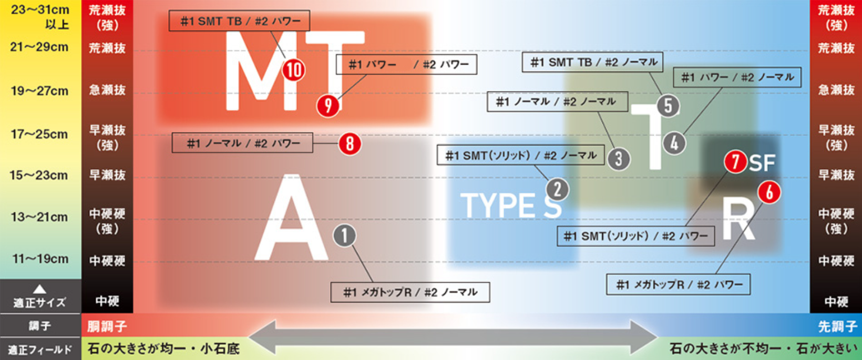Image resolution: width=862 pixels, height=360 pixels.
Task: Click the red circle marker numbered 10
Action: [x=294, y=69]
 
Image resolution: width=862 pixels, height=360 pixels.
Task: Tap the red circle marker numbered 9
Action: [x=328, y=106]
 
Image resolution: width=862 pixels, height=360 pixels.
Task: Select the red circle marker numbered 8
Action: [x=350, y=143]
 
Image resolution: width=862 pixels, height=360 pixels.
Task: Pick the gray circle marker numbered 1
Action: [x=345, y=235]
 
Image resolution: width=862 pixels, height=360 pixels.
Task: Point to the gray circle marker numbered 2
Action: [x=558, y=189]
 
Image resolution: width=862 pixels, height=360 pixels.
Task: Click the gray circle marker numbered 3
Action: [x=619, y=158]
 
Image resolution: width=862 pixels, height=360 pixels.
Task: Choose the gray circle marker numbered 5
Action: [x=668, y=106]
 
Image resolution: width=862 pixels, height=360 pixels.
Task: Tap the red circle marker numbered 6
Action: [x=769, y=192]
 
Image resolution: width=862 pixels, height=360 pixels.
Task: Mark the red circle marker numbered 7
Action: [x=735, y=161]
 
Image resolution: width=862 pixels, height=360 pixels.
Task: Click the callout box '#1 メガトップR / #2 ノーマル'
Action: [x=410, y=292]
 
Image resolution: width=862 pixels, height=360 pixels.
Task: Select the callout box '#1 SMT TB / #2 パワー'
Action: [x=239, y=21]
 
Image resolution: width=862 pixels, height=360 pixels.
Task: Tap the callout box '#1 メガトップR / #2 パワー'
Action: [x=678, y=284]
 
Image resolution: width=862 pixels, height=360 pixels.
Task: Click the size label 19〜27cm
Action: [x=40, y=91]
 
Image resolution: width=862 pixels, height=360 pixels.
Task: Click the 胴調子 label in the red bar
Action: [x=107, y=326]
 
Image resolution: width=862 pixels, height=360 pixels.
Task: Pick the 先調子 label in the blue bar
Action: [x=837, y=326]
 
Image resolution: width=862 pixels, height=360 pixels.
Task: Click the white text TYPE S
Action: [x=510, y=205]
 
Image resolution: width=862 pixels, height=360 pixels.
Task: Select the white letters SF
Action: [x=762, y=163]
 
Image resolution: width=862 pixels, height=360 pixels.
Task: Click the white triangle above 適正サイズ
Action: [x=40, y=289]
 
